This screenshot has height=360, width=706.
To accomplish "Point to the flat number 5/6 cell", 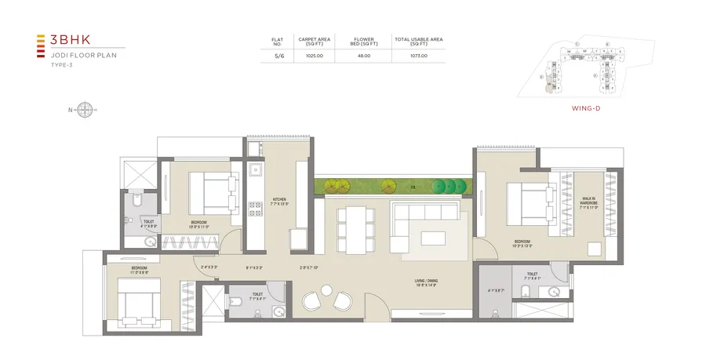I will pyautogui.click(x=278, y=56).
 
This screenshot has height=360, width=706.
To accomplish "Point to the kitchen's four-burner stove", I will pyautogui.click(x=255, y=209).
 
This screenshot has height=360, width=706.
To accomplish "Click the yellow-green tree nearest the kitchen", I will pyautogui.click(x=339, y=187).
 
